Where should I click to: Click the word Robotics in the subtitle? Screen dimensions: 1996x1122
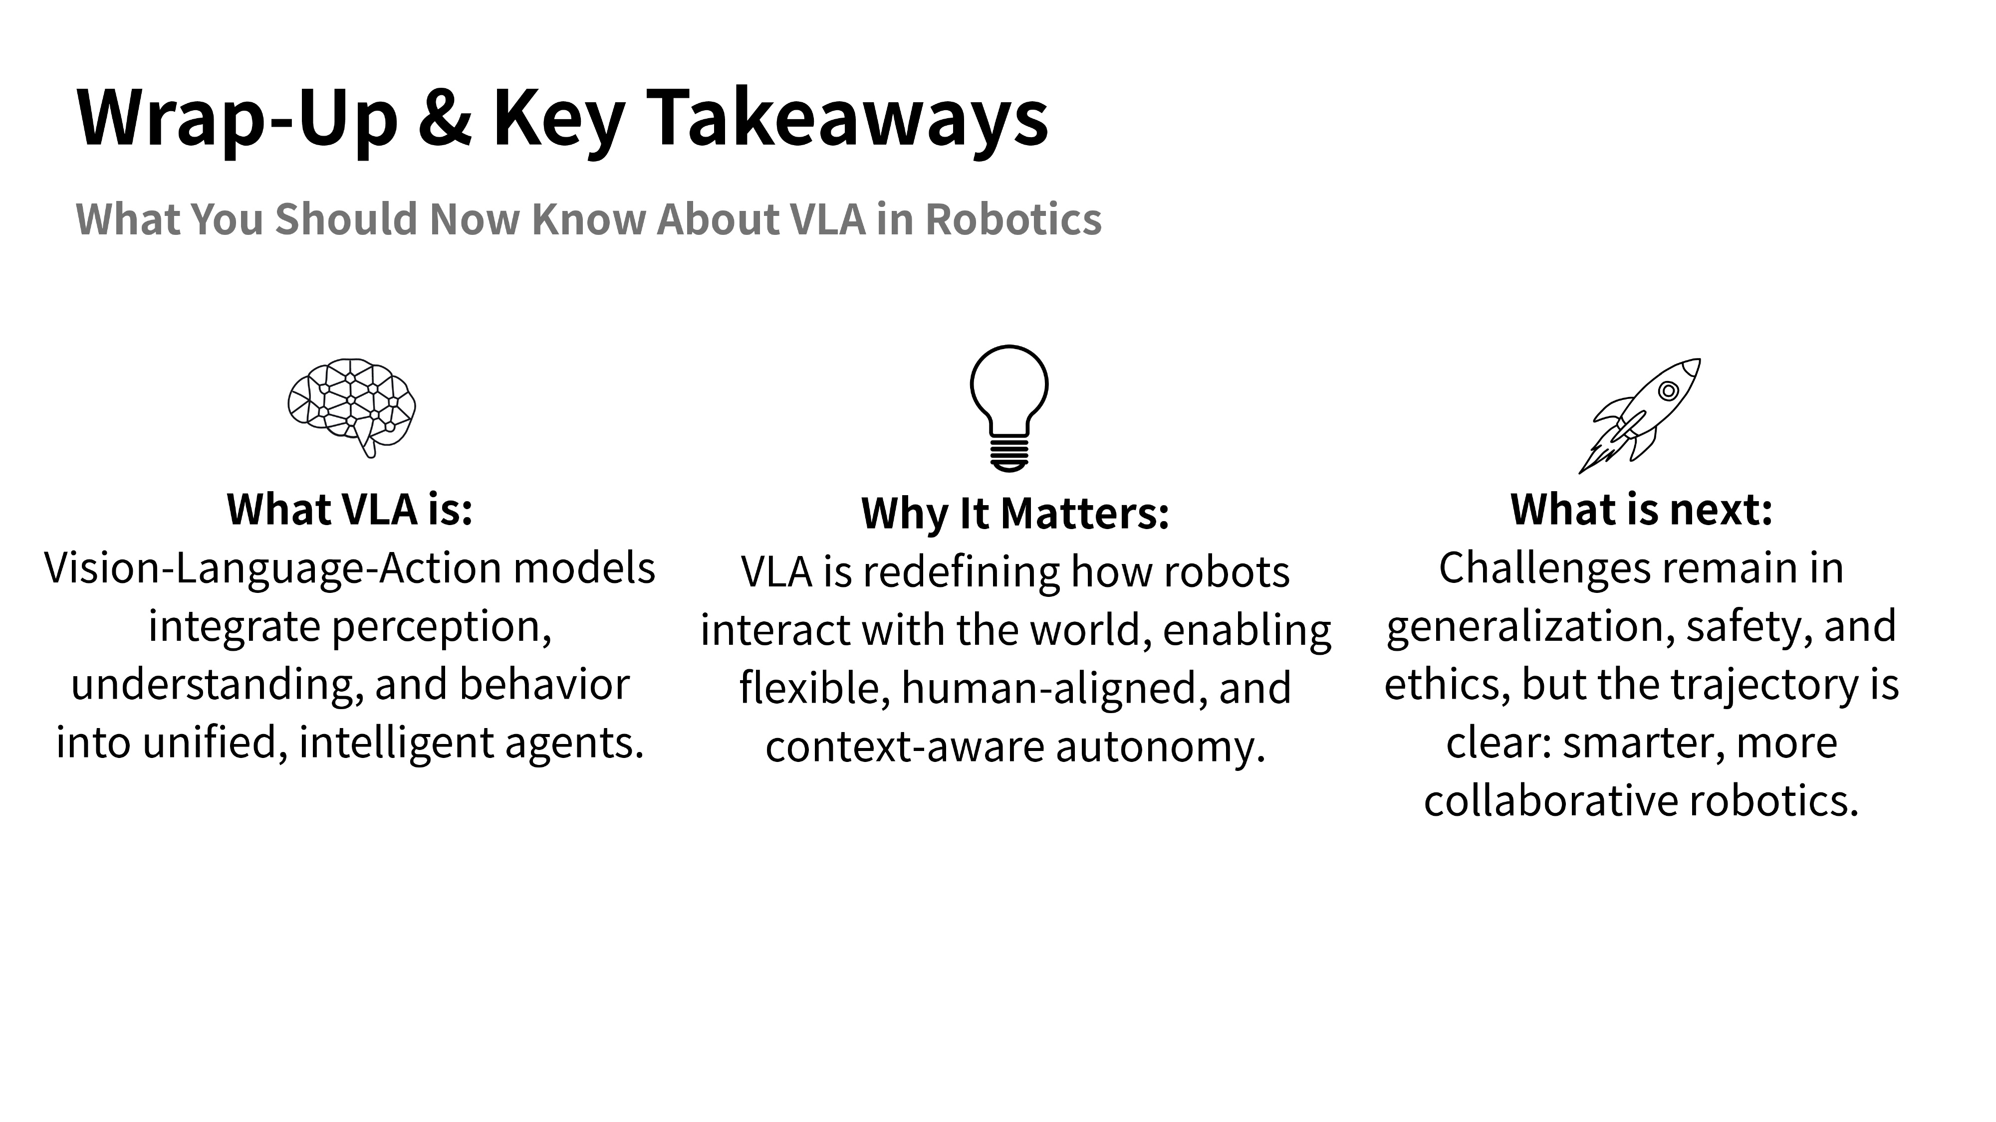click(1013, 219)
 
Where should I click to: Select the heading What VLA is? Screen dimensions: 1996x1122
click(349, 510)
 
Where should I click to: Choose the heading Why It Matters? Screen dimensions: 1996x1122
click(1015, 514)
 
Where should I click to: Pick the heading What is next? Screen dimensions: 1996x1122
click(1642, 510)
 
